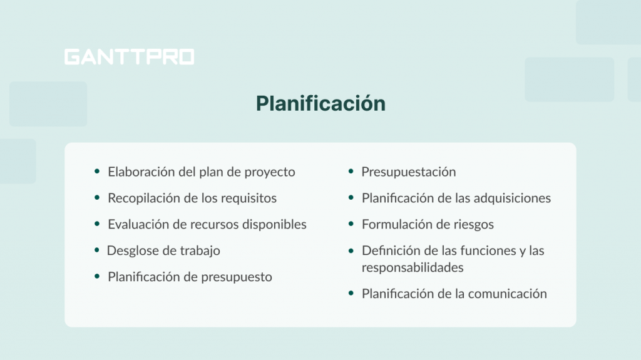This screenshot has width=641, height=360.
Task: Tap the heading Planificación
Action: (320, 103)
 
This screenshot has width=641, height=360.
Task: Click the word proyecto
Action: (271, 172)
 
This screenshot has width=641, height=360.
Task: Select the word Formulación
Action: (394, 224)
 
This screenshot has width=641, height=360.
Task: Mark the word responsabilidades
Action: (413, 267)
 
